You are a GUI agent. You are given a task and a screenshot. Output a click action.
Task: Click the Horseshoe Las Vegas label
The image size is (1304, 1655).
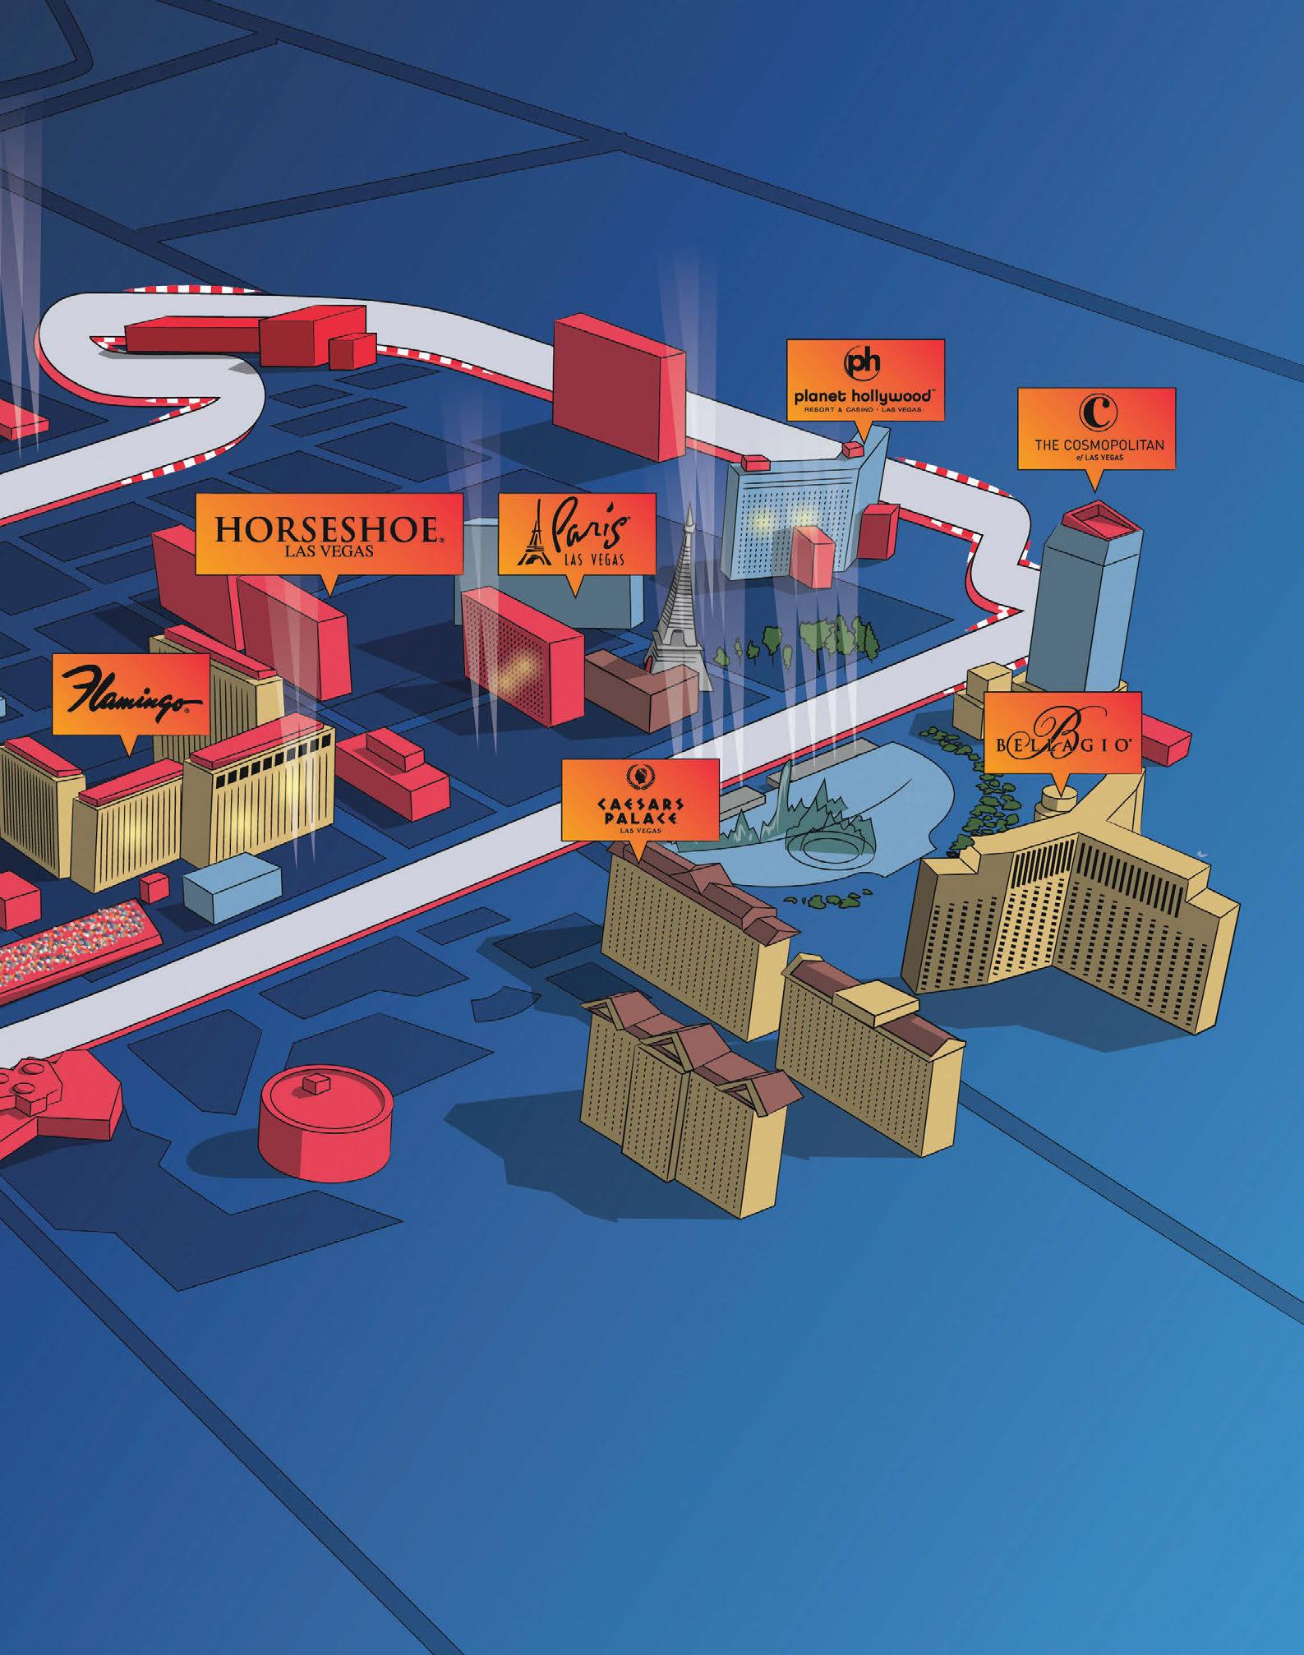(x=329, y=533)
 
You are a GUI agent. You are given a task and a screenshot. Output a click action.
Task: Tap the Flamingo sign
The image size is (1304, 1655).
(x=131, y=694)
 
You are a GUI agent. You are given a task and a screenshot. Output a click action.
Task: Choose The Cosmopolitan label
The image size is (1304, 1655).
(x=1096, y=428)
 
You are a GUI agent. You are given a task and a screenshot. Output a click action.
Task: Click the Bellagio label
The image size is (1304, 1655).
(x=1062, y=732)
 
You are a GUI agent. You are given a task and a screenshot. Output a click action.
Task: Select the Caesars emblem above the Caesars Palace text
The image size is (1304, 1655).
(x=639, y=773)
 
